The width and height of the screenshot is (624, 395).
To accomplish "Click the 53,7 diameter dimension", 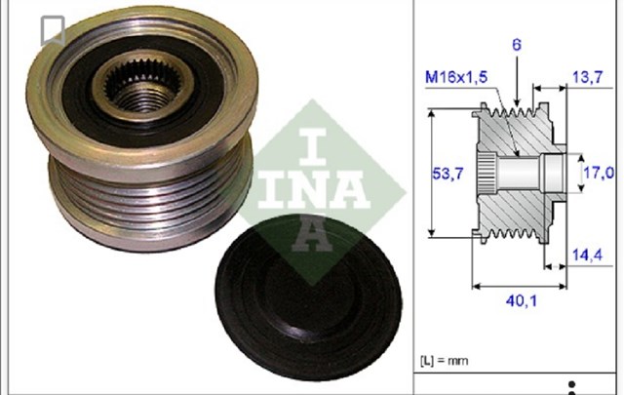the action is pos(448,174).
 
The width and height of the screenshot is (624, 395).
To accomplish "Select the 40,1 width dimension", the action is pos(522,301).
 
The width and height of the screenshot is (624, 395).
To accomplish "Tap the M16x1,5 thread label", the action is pos(456,77).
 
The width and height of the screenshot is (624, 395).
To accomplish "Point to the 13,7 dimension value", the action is pos(587,77).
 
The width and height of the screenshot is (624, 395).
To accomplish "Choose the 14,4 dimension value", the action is pos(587,255).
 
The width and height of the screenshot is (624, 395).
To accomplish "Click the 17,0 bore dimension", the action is pos(599,173).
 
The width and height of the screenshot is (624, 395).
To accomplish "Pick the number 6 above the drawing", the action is pos(517,45).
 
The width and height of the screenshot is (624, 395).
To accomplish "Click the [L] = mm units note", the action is pos(445,361).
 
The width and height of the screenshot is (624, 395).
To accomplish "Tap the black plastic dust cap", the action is pos(309,297).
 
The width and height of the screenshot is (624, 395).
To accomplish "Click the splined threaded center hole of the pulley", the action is pos(142,87).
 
